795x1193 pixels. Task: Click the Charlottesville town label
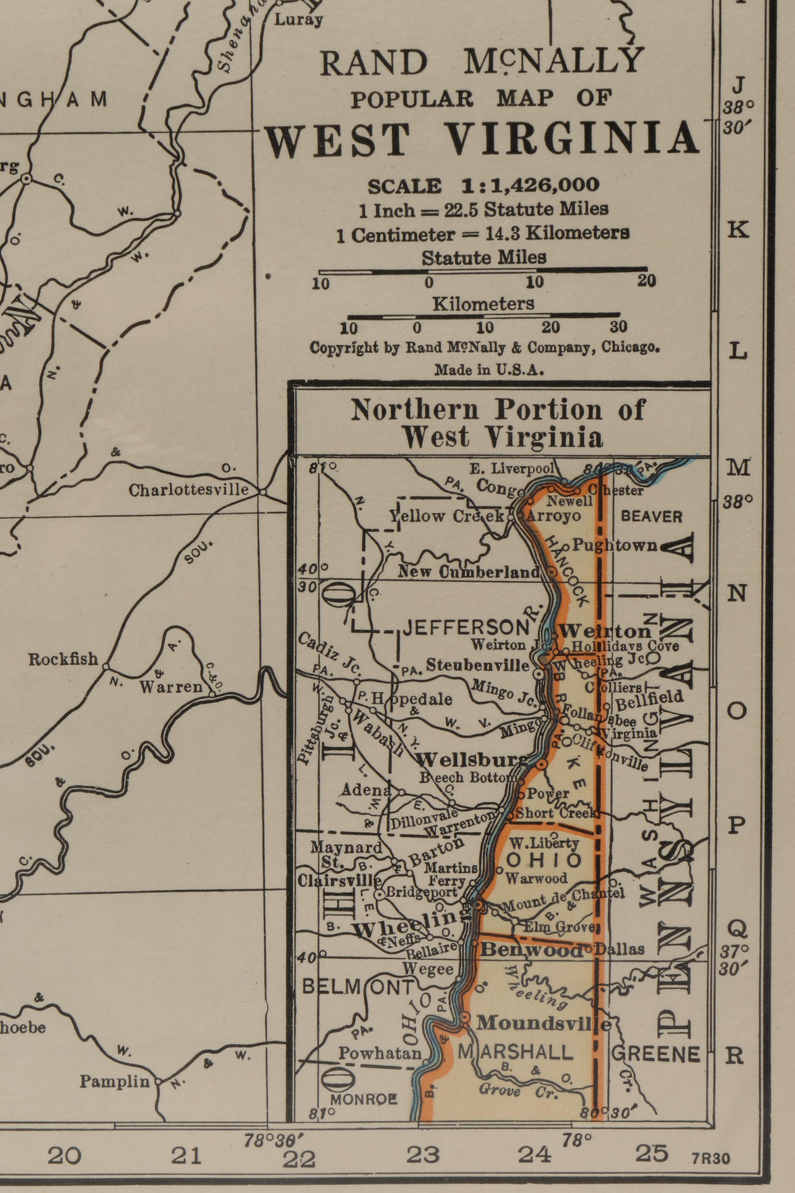pyautogui.click(x=189, y=490)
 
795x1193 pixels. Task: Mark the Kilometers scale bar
pyautogui.click(x=483, y=316)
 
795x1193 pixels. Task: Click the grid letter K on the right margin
pyautogui.click(x=738, y=230)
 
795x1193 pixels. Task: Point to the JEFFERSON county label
pyautogui.click(x=465, y=628)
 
